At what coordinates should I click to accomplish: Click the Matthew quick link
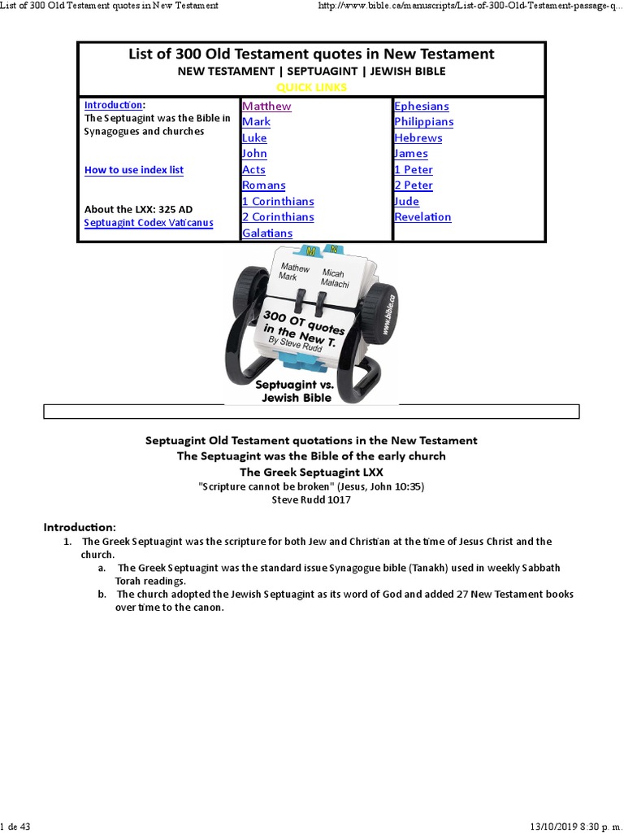[x=266, y=106]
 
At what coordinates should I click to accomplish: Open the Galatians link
[x=267, y=233]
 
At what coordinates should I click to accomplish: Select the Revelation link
[x=422, y=216]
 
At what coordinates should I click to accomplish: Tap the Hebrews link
[x=418, y=137]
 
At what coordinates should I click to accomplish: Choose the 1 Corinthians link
[x=278, y=201]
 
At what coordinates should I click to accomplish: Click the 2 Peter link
[x=414, y=185]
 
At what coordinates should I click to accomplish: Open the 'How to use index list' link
[x=134, y=170]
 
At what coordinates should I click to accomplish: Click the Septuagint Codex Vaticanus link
[x=149, y=222]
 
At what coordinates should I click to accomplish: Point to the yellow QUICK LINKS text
[x=312, y=87]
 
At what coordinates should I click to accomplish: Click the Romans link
[x=264, y=185]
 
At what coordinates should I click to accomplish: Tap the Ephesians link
[x=421, y=106]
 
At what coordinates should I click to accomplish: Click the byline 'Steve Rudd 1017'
[x=311, y=499]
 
